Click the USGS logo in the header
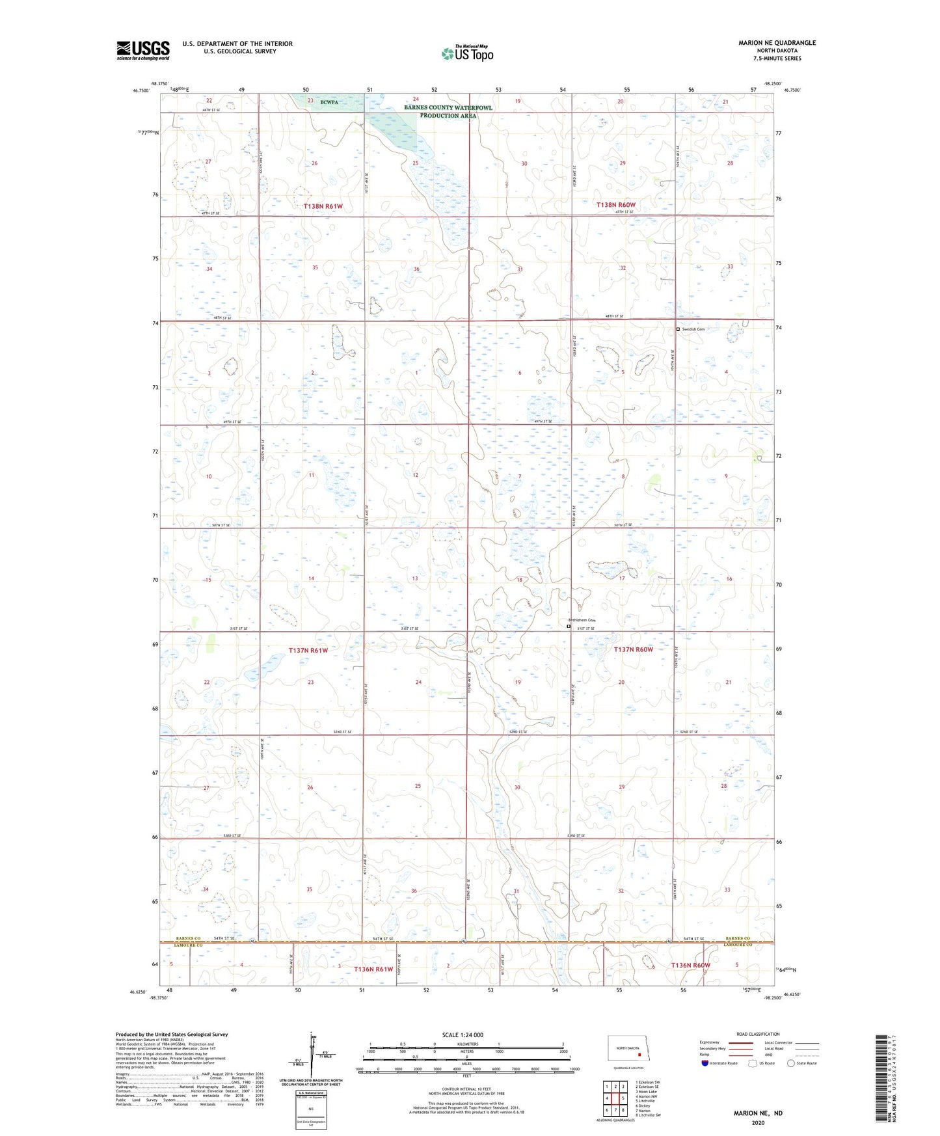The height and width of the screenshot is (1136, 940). (143, 49)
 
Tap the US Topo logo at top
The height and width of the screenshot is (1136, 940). (467, 53)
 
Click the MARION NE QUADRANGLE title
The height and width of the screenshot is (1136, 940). (777, 43)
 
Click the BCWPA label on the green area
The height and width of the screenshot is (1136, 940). (330, 102)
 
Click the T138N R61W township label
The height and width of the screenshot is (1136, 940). (323, 206)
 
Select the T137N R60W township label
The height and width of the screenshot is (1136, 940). (633, 649)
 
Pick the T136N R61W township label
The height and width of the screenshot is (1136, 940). (373, 969)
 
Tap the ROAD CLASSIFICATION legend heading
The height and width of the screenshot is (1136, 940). (758, 1034)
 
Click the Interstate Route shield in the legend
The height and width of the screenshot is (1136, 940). (705, 1063)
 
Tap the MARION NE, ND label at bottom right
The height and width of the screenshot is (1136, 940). (758, 1113)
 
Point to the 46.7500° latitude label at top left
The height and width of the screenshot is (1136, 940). (141, 91)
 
